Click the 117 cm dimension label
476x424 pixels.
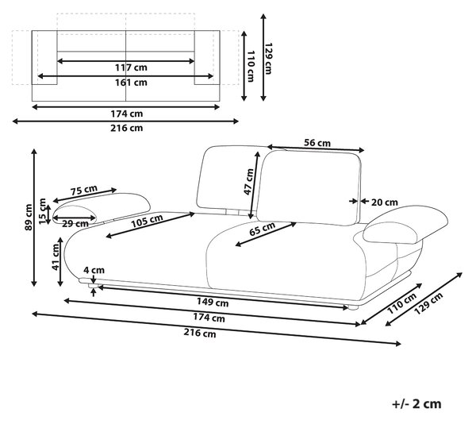(x=131, y=67)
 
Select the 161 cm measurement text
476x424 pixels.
(x=131, y=83)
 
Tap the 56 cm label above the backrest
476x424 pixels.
(x=317, y=143)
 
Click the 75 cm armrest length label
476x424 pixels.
(x=84, y=190)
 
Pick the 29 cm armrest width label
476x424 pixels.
(x=75, y=224)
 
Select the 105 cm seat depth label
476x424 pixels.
(x=147, y=221)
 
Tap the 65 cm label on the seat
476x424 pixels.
(x=263, y=229)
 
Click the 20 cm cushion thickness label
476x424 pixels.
(x=385, y=202)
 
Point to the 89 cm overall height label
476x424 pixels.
(x=29, y=217)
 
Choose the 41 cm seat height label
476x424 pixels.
(x=56, y=257)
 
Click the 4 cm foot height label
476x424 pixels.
(x=94, y=270)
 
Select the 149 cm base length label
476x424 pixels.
(x=213, y=303)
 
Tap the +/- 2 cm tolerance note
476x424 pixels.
(x=416, y=404)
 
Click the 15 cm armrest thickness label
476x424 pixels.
(x=43, y=211)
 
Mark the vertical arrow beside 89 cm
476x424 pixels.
(x=34, y=218)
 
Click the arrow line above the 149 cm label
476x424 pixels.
(x=223, y=297)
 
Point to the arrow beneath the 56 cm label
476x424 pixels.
(x=316, y=148)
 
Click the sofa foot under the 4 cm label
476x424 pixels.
(x=93, y=286)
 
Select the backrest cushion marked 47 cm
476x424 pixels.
(x=309, y=187)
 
